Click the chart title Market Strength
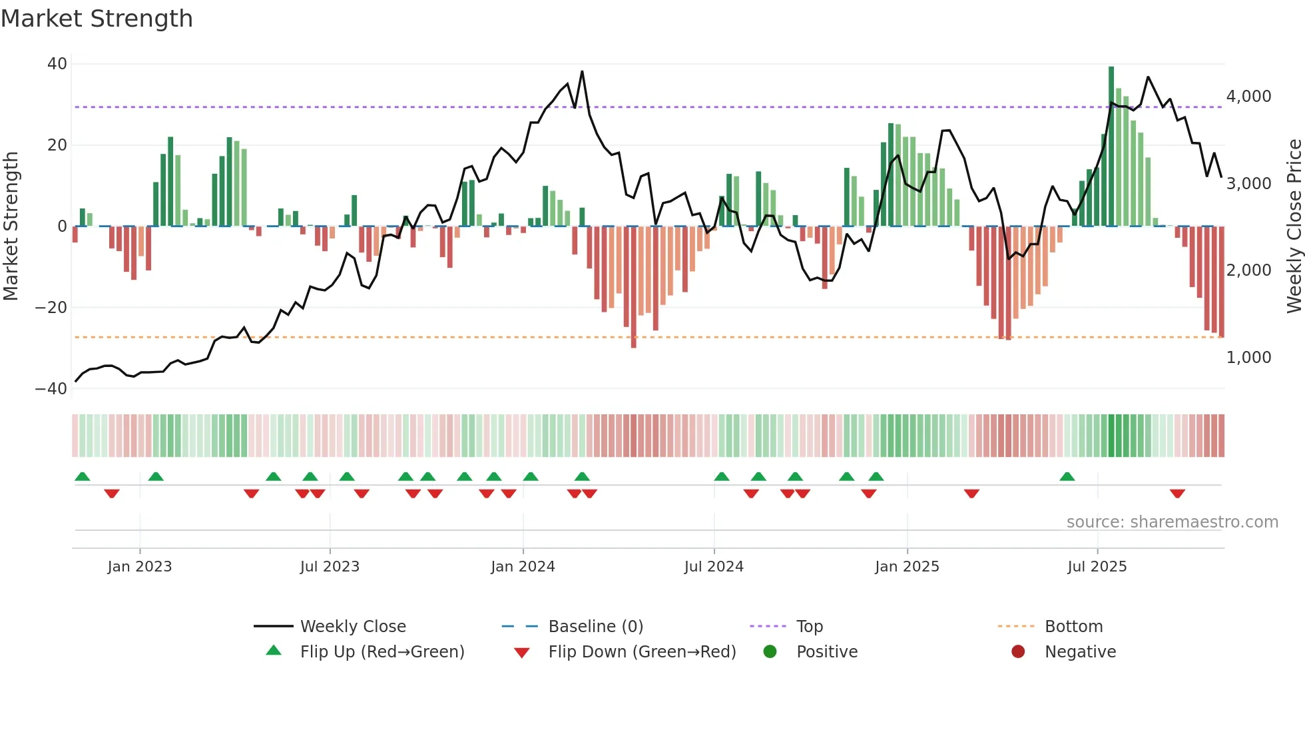tap(97, 19)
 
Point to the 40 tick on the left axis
tap(57, 64)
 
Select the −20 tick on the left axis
tap(51, 307)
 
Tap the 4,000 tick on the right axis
tap(1248, 97)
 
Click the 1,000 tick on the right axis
tap(1248, 358)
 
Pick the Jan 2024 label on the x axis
tap(523, 567)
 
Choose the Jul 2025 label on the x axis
tap(1097, 567)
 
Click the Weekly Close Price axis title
tap(1294, 226)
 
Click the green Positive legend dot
tap(770, 652)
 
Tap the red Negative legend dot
tap(1018, 652)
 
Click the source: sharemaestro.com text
tap(1172, 522)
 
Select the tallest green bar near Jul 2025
tap(1111, 147)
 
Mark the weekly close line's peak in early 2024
tap(582, 72)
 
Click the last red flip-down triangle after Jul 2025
tap(1177, 494)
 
